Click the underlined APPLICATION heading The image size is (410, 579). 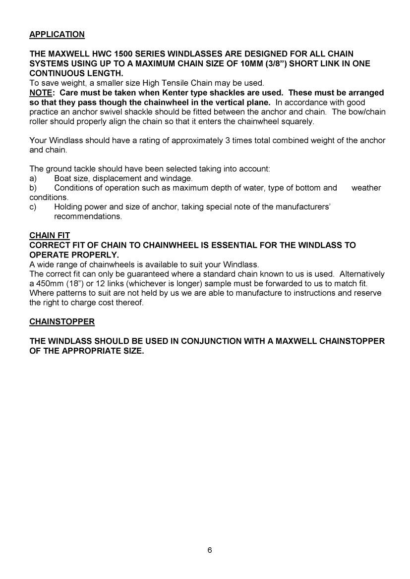coord(57,35)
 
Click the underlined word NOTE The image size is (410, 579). coord(42,93)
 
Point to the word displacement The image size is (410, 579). coord(117,178)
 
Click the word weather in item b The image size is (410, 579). coord(366,188)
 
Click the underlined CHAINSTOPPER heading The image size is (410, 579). coord(62,322)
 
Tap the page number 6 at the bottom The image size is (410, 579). coord(210,551)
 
